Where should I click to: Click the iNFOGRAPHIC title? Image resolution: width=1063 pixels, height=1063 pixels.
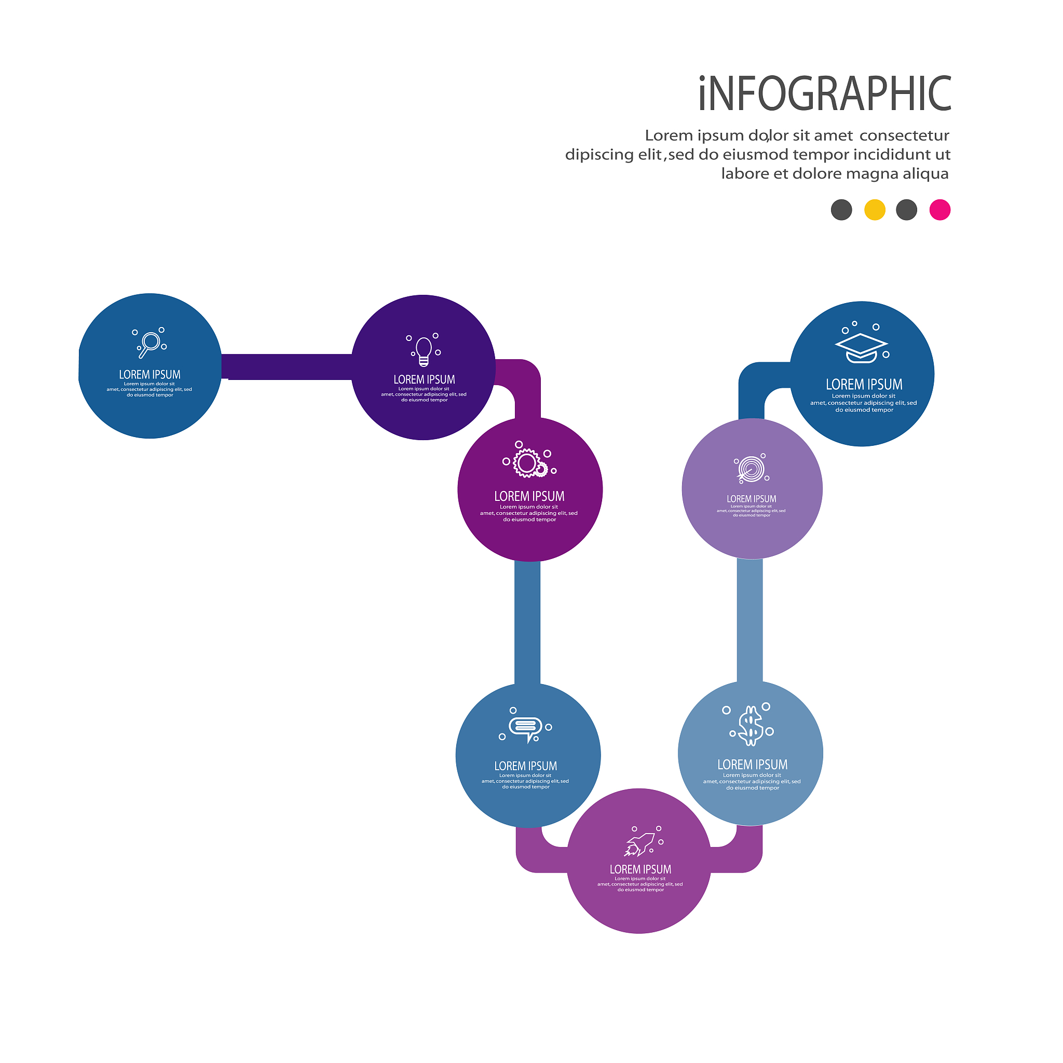(x=824, y=94)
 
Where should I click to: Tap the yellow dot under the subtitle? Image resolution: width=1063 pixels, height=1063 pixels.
(x=874, y=210)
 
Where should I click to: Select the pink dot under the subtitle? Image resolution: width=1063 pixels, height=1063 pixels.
(x=940, y=210)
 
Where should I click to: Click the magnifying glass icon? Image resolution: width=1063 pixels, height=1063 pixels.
(x=149, y=343)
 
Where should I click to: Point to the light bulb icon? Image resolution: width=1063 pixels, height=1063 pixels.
(x=424, y=350)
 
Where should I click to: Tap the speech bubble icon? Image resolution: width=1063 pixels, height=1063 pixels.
(x=525, y=728)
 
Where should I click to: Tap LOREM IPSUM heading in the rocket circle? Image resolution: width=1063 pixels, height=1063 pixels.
(x=640, y=870)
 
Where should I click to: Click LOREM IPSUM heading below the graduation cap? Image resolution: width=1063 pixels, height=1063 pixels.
(x=864, y=385)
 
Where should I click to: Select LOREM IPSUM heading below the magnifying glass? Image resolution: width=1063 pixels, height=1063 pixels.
(x=149, y=375)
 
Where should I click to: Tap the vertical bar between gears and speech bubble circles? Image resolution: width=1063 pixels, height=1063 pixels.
(x=527, y=622)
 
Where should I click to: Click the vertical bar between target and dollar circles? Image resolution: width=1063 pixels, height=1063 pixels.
(x=749, y=620)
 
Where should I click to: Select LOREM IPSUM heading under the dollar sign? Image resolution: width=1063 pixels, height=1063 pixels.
(x=752, y=765)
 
